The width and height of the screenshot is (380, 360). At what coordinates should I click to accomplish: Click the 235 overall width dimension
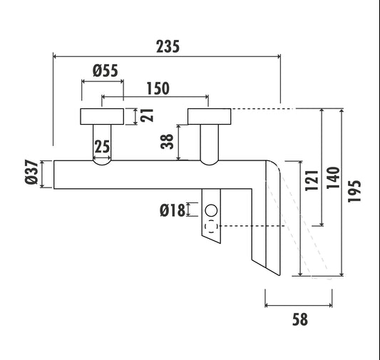point(168,46)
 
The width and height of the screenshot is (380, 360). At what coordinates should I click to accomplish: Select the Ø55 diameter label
point(106,71)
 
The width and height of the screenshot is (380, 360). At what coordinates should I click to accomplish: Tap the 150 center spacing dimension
point(158,88)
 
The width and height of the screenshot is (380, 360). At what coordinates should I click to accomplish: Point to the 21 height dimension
point(147,115)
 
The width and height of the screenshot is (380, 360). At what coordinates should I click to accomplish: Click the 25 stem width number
point(102,147)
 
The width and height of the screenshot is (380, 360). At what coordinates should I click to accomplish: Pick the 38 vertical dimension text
point(168,141)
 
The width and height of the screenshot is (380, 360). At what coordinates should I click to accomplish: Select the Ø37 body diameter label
point(32,172)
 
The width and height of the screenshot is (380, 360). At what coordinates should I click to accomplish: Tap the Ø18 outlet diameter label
point(173,210)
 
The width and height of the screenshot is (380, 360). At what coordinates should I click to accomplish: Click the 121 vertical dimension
point(312,180)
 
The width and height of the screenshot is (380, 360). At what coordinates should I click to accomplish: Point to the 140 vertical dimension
point(334,178)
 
